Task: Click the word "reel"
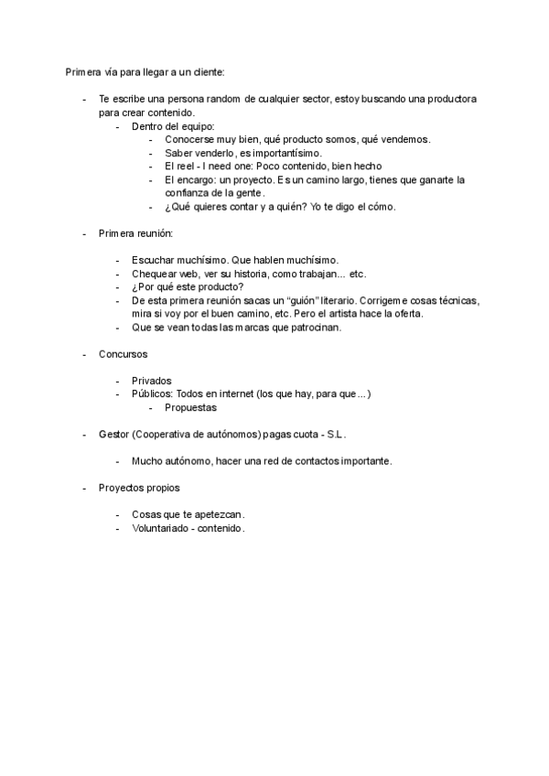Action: click(190, 167)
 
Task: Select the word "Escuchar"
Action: click(156, 260)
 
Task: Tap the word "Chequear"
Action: click(156, 274)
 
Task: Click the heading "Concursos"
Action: click(124, 354)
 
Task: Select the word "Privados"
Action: click(152, 381)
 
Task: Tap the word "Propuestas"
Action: click(191, 408)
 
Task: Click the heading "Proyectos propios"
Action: click(139, 488)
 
